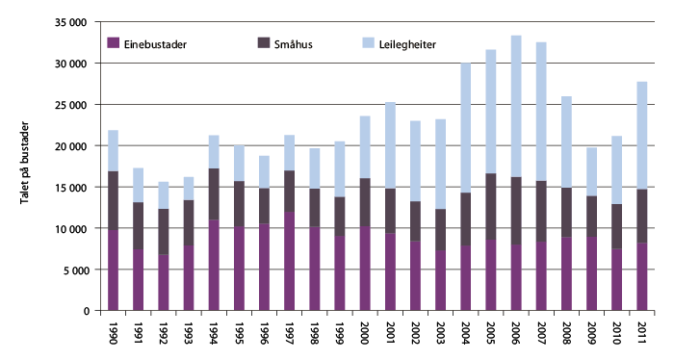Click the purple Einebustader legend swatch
112,42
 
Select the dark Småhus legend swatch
265,42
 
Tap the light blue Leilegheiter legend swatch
368,42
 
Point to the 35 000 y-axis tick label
68,21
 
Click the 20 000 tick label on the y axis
68,145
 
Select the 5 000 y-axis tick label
72,270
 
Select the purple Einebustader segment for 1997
289,261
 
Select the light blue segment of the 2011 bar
642,135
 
